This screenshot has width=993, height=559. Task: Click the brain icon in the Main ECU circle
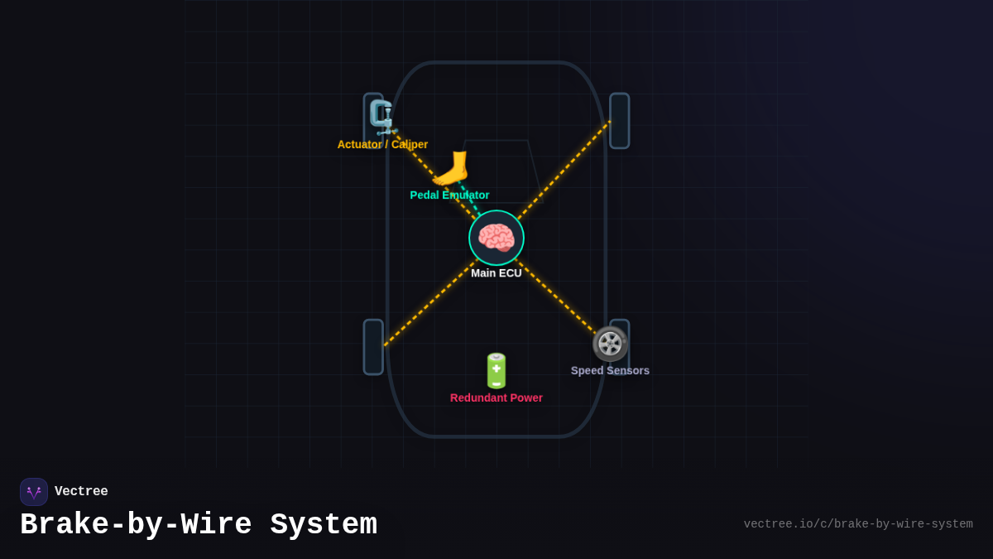point(496,238)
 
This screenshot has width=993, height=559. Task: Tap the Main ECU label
point(496,273)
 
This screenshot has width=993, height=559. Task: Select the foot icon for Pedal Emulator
point(450,168)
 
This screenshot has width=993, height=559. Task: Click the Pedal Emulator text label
point(449,195)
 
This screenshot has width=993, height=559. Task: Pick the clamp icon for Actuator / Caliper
point(381,118)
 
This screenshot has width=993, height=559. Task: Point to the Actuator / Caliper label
point(382,145)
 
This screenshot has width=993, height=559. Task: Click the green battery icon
point(496,370)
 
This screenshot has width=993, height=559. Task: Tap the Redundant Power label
point(496,398)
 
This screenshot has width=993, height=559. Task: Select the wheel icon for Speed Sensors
point(610,344)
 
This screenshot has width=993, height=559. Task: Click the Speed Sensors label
point(610,371)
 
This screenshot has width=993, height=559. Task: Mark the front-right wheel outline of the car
point(620,121)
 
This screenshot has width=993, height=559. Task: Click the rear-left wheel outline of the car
point(373,347)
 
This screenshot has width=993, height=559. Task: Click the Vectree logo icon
point(34,492)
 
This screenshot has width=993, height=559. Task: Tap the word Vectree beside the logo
point(81,492)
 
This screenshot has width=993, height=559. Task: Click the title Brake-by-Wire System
point(199,525)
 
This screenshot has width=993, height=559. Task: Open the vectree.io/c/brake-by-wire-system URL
point(857,524)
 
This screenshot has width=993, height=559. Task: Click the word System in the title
point(324,525)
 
